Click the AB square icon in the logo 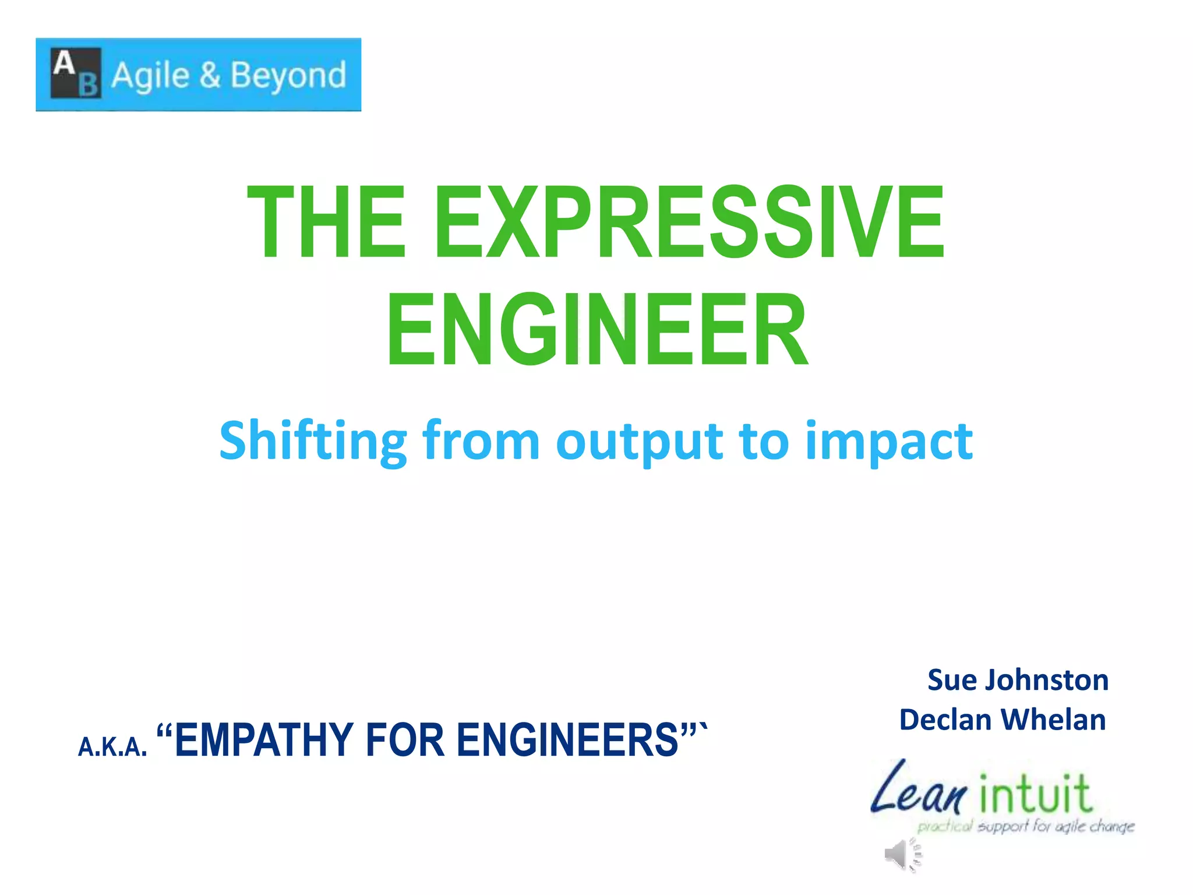(76, 73)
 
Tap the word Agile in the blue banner (150, 76)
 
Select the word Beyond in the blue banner (288, 76)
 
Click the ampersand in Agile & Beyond (210, 75)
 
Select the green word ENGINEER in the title (597, 330)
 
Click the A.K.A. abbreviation (112, 746)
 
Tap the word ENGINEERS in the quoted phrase (568, 740)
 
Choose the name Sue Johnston (1018, 680)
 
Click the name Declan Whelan (1003, 720)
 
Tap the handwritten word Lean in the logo (918, 790)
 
